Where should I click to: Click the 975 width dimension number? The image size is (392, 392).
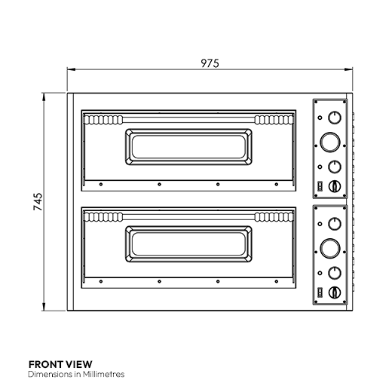210,63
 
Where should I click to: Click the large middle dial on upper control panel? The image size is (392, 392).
330,141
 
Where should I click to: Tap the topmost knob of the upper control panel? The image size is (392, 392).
332,118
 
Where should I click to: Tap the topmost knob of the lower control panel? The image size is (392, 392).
332,223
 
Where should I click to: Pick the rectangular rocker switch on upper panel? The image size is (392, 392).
320,185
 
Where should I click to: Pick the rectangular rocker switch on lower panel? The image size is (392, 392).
320,290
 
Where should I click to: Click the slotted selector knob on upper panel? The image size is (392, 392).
335,185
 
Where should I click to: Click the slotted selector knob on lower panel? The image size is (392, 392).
335,290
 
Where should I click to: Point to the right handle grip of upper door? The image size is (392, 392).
271,120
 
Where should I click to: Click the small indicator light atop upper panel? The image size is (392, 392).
320,118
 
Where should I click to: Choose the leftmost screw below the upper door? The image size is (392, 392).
100,184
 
